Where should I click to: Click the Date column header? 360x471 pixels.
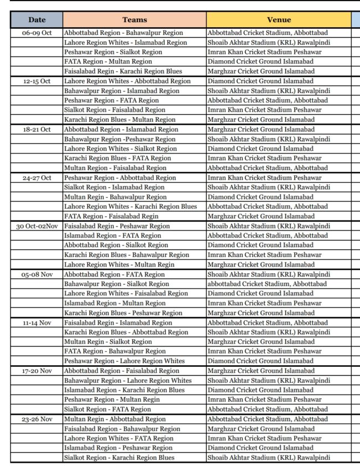coord(37,20)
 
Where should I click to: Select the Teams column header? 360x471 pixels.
coord(135,20)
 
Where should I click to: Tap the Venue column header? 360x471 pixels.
coord(279,20)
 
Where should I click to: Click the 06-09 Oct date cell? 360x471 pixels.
coord(37,33)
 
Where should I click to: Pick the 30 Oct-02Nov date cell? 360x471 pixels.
coord(37,226)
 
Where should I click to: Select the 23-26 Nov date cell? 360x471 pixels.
coord(37,419)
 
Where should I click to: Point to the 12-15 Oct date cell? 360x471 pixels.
coord(37,81)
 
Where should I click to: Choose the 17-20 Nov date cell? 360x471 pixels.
coord(37,371)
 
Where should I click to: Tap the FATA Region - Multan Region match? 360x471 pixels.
coord(108,62)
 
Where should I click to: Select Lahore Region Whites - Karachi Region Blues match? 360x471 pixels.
coord(131,207)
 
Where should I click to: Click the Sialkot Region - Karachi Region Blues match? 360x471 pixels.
coord(119,458)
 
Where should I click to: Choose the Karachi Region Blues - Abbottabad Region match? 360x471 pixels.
coord(126,332)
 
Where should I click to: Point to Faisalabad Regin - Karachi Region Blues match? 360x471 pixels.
coord(123,71)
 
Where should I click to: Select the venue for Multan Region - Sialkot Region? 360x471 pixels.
coord(261,342)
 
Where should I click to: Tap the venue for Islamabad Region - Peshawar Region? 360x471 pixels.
coord(260,448)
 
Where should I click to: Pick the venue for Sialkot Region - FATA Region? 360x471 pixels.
coord(268,409)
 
